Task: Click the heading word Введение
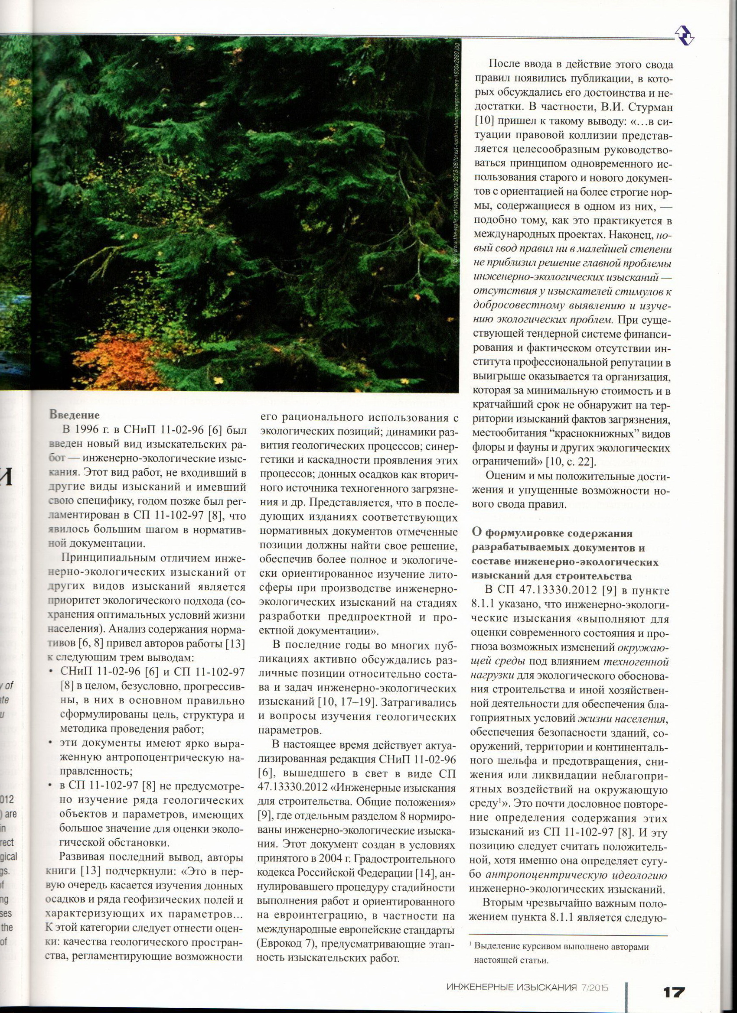coord(74,415)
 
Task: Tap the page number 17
coord(674,980)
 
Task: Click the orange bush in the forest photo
coord(134,357)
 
